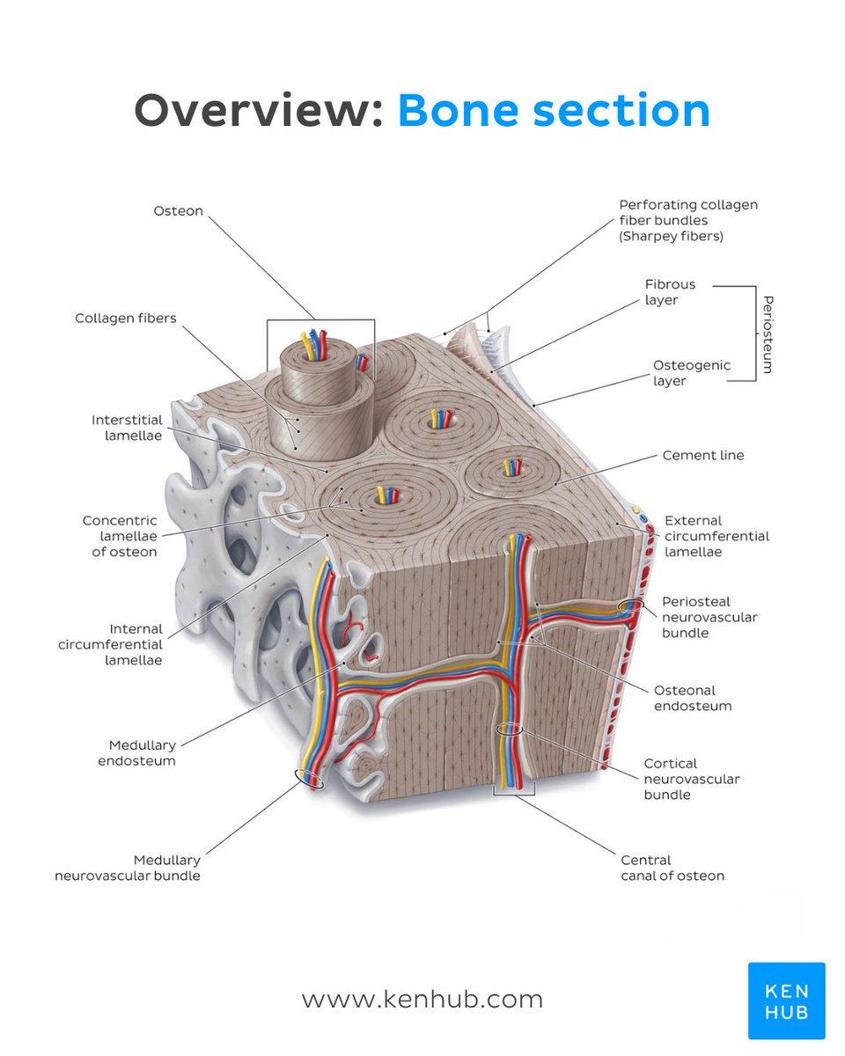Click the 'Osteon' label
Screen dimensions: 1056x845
(178, 211)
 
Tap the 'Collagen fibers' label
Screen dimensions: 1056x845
(126, 319)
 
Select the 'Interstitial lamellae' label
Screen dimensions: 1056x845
(127, 428)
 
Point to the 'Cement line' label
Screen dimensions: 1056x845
(702, 456)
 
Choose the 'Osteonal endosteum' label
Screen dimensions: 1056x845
(692, 698)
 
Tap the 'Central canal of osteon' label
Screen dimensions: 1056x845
(672, 868)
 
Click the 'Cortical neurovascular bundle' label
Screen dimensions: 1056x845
(691, 779)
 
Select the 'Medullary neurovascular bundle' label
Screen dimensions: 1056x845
(128, 868)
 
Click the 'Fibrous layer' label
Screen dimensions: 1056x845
(670, 292)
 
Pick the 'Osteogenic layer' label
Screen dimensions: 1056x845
(692, 373)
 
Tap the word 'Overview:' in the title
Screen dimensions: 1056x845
(258, 112)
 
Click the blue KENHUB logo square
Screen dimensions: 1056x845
(786, 1001)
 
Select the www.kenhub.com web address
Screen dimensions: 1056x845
(422, 1000)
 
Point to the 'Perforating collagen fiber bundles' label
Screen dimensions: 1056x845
(688, 220)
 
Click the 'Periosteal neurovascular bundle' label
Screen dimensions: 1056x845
(709, 617)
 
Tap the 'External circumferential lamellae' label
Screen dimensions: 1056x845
(716, 536)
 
